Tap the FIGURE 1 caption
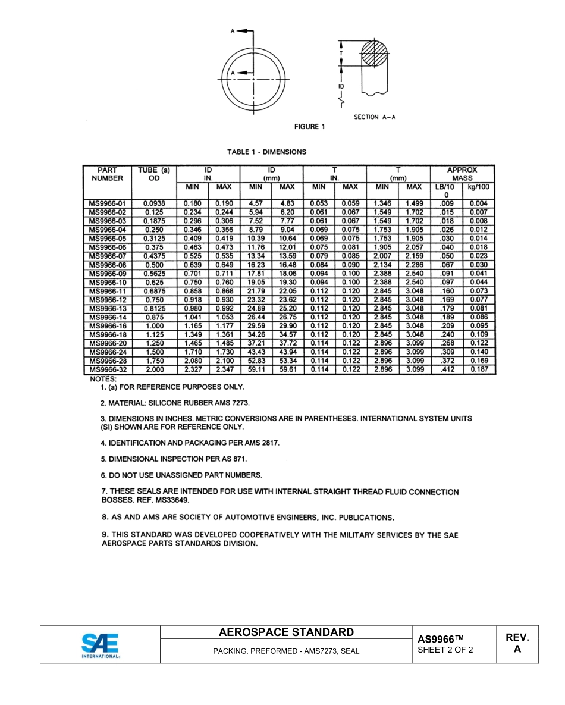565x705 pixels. (310, 126)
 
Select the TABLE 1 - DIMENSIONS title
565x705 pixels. (266, 152)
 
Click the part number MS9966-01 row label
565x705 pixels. (108, 203)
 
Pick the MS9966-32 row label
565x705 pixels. (108, 369)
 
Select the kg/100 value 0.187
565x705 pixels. (479, 369)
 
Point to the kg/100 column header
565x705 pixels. (479, 187)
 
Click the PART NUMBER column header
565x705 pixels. (108, 174)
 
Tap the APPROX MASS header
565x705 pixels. (462, 174)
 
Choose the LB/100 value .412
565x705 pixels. (447, 369)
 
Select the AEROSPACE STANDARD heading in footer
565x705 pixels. (286, 632)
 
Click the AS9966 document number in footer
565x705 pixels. (440, 639)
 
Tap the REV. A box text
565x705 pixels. (517, 643)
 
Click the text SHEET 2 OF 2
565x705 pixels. (445, 650)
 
